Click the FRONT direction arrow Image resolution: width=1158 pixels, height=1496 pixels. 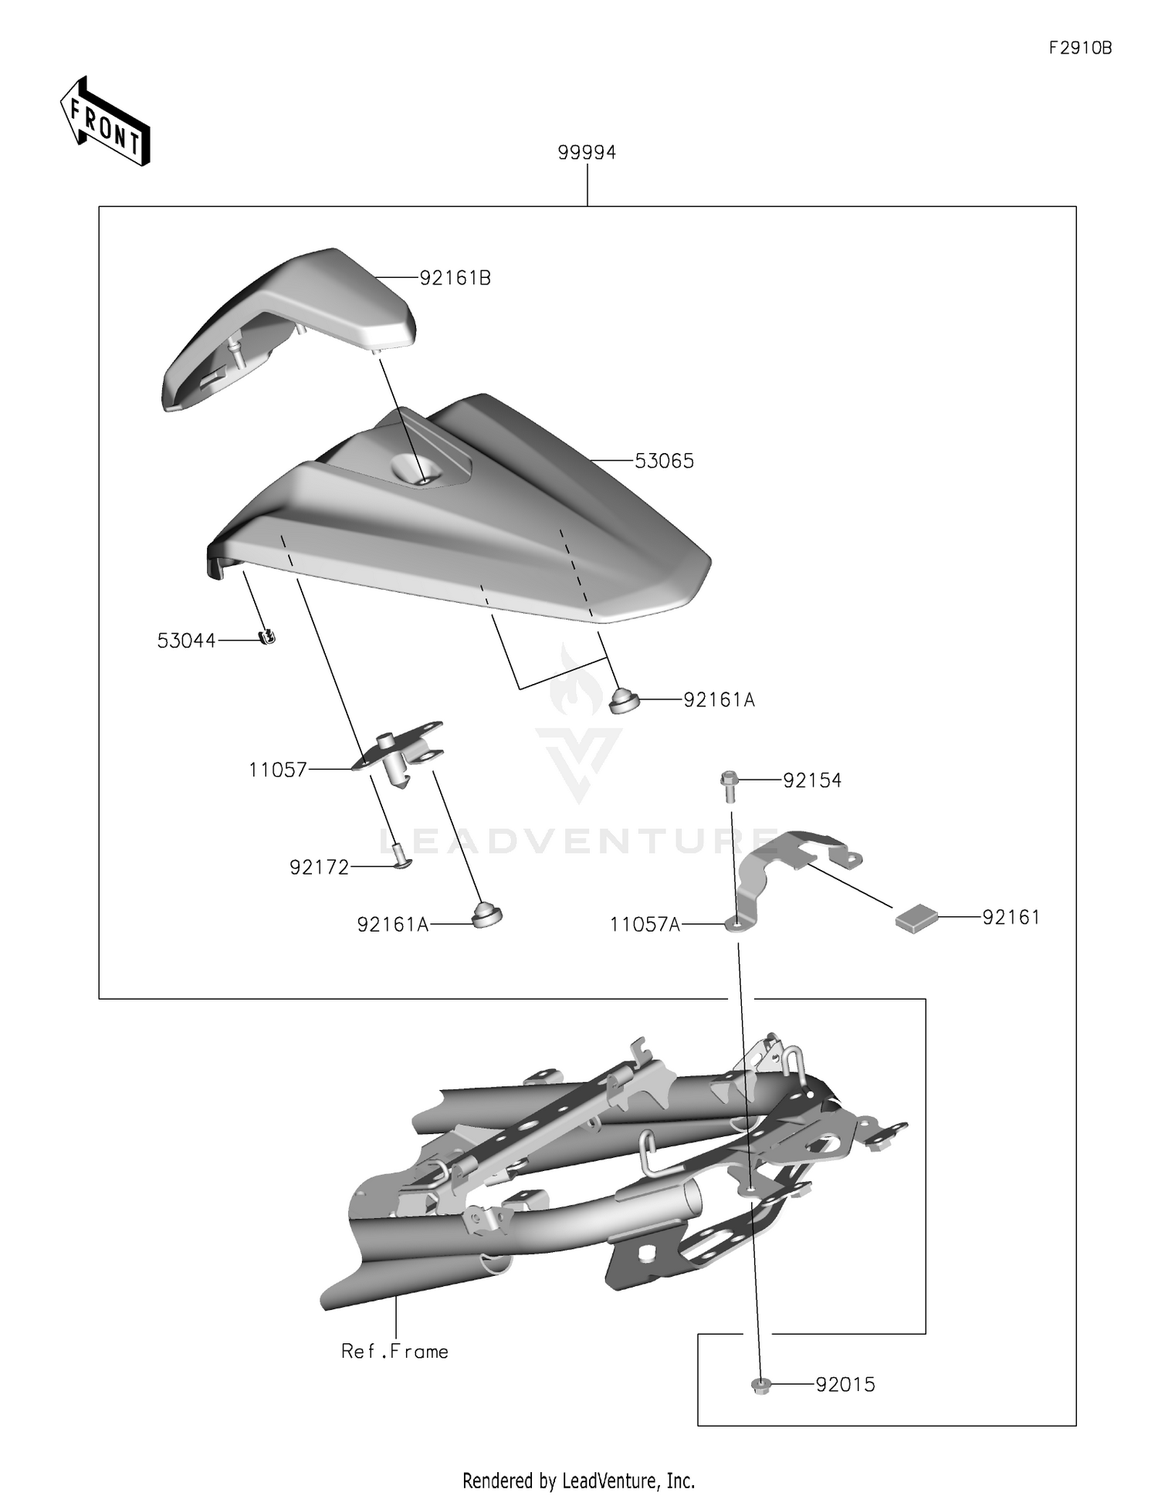tap(105, 122)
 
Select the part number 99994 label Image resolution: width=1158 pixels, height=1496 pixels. tap(587, 153)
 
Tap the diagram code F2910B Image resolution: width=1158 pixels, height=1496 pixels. tap(1079, 48)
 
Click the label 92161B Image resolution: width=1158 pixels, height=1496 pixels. tap(455, 278)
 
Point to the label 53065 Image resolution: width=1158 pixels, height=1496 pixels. tap(664, 462)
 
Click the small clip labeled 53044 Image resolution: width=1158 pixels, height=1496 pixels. tap(267, 637)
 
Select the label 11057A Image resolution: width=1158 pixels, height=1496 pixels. tap(645, 925)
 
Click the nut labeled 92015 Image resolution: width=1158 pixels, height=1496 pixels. tap(760, 1386)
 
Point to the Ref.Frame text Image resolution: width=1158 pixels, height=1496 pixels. tap(394, 1352)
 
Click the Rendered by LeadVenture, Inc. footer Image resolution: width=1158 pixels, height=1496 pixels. tap(578, 1480)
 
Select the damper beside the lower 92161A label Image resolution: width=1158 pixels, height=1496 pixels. tap(486, 915)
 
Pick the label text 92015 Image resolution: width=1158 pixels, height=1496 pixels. tap(845, 1385)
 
